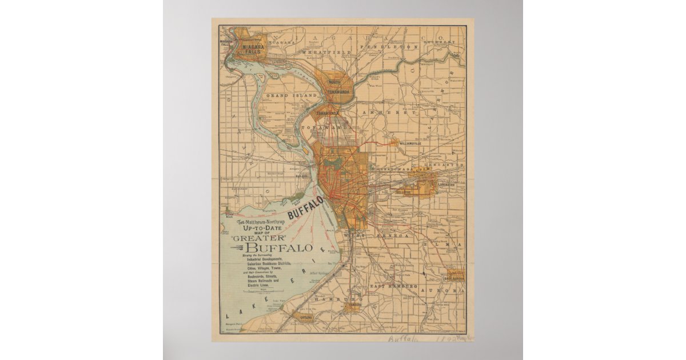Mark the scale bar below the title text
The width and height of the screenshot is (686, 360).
[264, 291]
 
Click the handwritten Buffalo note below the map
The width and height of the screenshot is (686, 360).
[404, 339]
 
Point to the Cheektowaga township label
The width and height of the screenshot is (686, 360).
[395, 170]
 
